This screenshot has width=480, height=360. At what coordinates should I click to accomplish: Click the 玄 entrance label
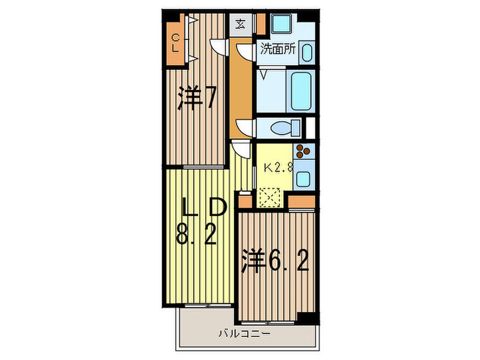pyautogui.click(x=240, y=24)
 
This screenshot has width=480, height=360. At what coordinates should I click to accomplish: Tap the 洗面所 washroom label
pyautogui.click(x=278, y=49)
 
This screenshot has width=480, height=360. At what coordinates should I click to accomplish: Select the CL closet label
pyautogui.click(x=176, y=43)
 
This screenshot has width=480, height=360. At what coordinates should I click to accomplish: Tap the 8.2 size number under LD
pyautogui.click(x=196, y=234)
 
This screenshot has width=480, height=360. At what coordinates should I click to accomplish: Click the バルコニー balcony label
pyautogui.click(x=245, y=340)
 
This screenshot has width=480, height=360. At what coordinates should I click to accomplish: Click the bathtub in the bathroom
pyautogui.click(x=301, y=91)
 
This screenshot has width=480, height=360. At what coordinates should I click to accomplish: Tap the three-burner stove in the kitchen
pyautogui.click(x=303, y=151)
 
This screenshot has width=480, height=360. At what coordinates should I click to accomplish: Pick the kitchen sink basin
pyautogui.click(x=303, y=179)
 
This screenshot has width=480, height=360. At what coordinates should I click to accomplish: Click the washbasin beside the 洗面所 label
pyautogui.click(x=307, y=53)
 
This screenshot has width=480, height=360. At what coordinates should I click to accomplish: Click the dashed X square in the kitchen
pyautogui.click(x=269, y=197)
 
